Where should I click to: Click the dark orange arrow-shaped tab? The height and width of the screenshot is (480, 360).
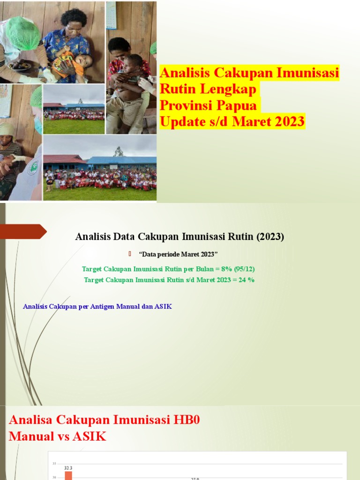click(x=23, y=231)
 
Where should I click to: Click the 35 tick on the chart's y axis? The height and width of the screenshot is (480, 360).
click(x=54, y=464)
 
